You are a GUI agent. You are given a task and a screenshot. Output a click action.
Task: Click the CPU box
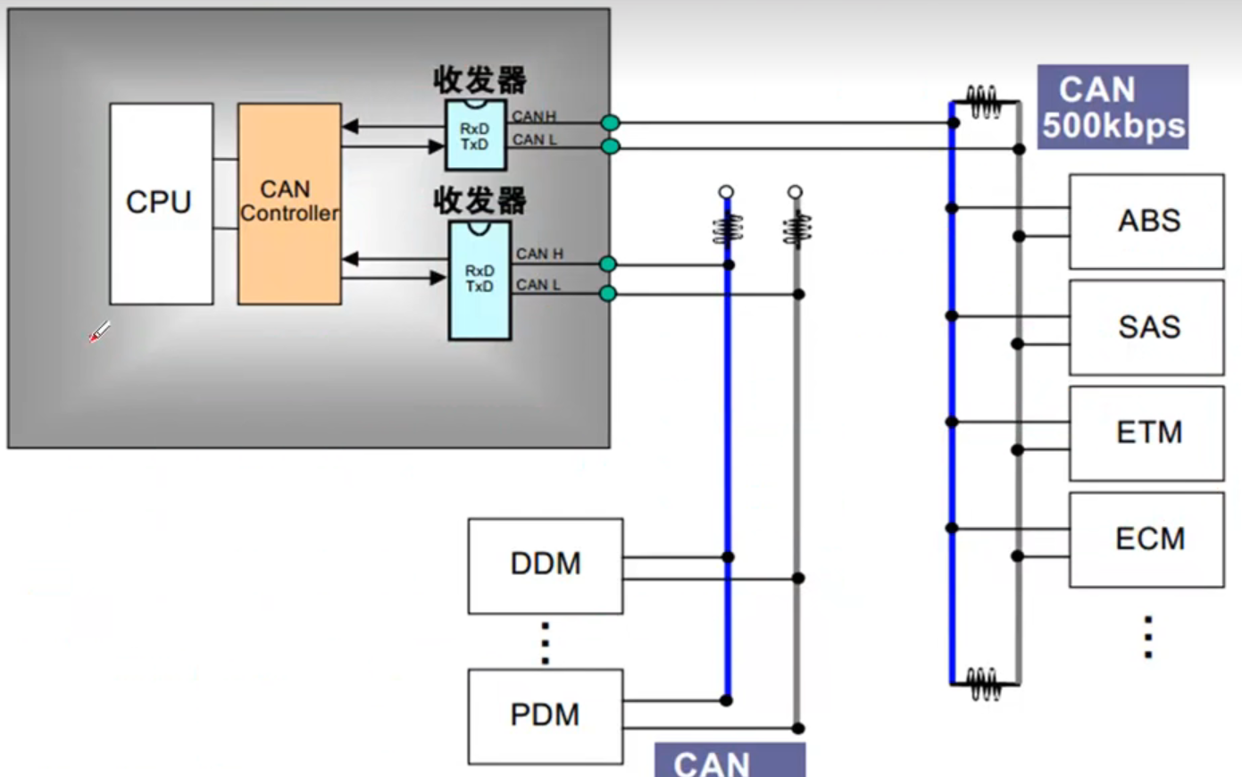coord(161,204)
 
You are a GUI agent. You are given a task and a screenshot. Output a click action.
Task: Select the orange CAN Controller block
coord(288,204)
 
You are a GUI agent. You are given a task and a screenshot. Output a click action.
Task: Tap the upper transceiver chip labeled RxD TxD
coord(475,136)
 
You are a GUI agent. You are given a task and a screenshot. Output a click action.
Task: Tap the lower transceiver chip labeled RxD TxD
coord(479,280)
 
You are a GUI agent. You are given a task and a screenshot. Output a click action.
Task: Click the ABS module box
coord(1146,221)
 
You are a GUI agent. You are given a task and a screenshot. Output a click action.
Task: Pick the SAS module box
coord(1146,328)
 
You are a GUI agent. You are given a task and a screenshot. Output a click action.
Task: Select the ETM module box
coord(1146,433)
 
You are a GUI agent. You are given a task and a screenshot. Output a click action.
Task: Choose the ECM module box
coord(1146,539)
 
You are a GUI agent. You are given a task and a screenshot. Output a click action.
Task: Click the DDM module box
coord(545,565)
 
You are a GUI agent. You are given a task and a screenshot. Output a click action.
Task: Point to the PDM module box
coord(545,716)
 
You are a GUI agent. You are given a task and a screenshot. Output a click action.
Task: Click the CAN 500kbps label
coord(1113,107)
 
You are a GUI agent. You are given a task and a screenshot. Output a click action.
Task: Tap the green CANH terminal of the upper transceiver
coord(610,122)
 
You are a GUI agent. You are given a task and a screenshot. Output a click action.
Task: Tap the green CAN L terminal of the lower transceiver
coord(608,294)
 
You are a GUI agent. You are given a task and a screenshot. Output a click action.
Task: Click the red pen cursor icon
coord(99,332)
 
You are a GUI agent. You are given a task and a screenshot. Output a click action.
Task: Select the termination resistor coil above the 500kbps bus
coord(984,103)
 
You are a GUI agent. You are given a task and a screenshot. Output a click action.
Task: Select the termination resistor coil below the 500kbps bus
coord(984,684)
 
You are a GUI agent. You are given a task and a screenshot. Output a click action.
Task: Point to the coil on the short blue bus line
coord(728,230)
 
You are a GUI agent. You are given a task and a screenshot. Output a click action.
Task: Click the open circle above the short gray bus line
coord(795,192)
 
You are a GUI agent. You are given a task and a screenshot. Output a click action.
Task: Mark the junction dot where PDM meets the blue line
coord(727,701)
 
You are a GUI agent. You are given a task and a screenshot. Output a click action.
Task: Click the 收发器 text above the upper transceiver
coord(479,80)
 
